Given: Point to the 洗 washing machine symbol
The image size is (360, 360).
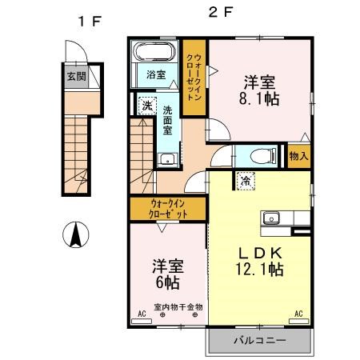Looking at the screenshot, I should [147, 105].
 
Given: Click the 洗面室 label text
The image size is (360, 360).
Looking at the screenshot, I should [169, 121].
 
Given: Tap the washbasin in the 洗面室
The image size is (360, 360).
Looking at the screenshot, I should [167, 158].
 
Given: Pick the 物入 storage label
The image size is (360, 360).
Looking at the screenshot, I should [298, 156].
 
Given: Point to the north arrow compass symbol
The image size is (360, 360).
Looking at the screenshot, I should [74, 235].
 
